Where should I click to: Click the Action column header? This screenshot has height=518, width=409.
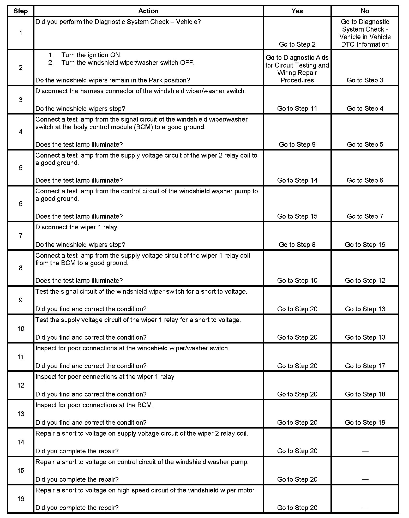point(148,11)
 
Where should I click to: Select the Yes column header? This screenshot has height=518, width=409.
point(297,11)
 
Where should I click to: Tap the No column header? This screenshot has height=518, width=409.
point(365,11)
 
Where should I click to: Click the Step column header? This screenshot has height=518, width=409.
point(21,11)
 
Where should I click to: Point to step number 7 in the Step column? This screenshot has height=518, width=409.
point(21,236)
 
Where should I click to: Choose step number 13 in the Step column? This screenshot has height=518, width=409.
point(21,414)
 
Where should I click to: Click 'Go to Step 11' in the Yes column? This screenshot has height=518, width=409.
point(297,109)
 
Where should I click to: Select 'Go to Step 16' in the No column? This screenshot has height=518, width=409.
point(365,245)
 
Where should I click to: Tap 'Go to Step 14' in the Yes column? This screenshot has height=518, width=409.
point(297,180)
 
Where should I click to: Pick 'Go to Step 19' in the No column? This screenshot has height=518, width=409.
point(365,423)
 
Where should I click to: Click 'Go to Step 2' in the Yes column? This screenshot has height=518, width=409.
point(297,44)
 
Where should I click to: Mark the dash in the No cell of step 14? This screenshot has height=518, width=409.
point(365,451)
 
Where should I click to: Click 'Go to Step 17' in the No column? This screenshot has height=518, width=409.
point(365,366)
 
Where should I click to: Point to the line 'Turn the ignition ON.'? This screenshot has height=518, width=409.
point(91,55)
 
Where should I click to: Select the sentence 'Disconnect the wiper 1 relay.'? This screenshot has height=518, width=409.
point(77,227)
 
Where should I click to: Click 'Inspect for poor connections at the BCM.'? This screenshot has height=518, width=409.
point(94,405)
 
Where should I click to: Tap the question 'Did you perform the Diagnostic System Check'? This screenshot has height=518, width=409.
point(118,22)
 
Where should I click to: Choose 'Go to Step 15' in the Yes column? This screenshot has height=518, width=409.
point(297,216)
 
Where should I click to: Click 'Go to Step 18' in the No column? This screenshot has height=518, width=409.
point(365,394)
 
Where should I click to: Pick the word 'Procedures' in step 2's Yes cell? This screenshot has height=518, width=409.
point(297,80)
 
